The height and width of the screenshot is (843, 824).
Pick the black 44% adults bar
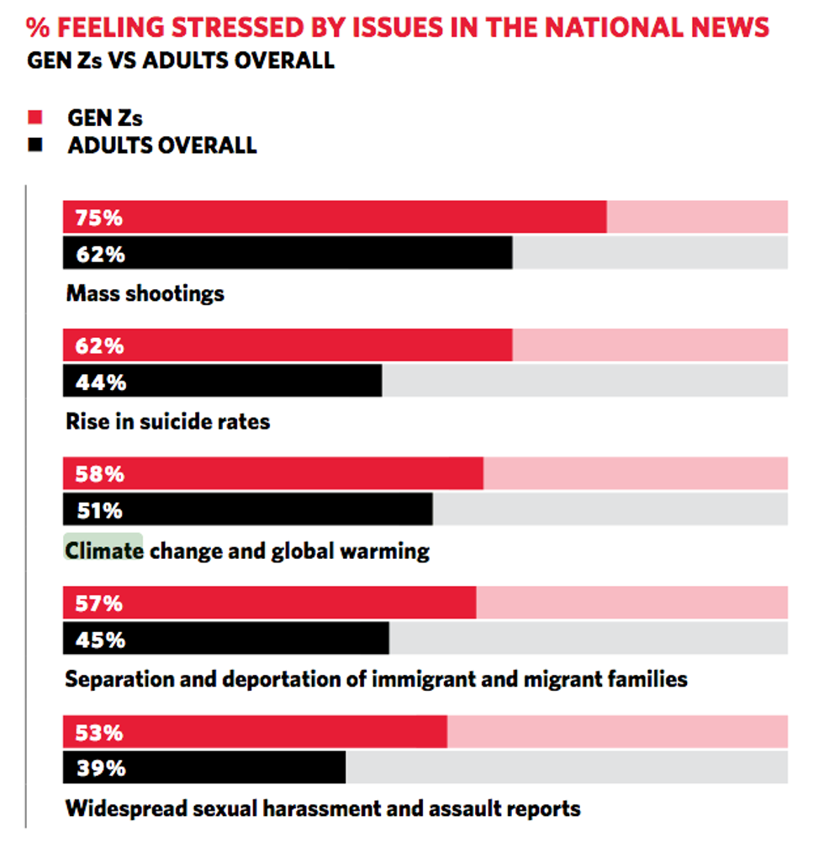coord(222,381)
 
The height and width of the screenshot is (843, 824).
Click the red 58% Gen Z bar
coord(273,473)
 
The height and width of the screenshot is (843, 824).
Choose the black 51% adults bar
coord(248,509)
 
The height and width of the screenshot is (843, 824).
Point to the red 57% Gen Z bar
coord(269,603)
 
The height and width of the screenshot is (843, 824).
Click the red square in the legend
coord(34,117)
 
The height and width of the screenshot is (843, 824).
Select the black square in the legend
coord(34,145)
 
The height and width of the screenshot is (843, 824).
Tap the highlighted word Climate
coord(104,551)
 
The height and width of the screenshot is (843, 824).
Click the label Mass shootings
coord(145,292)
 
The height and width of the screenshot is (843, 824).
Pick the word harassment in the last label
coord(309,808)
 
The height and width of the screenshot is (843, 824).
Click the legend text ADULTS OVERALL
coord(161,145)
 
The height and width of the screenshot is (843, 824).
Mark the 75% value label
coord(98,217)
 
